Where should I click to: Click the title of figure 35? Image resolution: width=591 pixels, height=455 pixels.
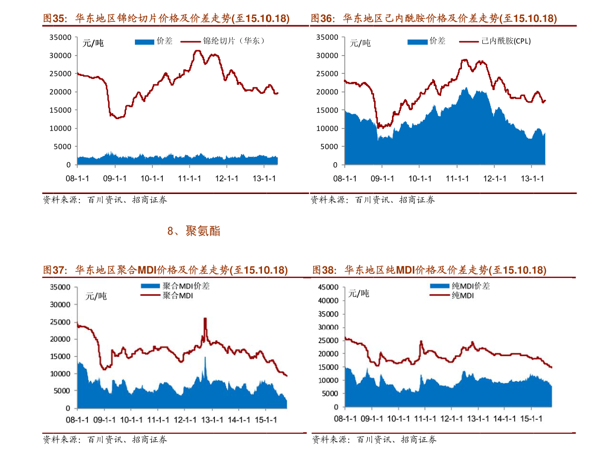tap(166, 19)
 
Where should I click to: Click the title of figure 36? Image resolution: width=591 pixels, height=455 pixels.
tap(434, 19)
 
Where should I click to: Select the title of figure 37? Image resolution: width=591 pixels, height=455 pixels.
tap(165, 270)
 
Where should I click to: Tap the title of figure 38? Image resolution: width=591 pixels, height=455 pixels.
tap(429, 270)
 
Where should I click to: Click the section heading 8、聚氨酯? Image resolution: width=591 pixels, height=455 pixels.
tap(194, 231)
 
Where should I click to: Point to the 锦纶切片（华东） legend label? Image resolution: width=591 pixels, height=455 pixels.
tap(234, 41)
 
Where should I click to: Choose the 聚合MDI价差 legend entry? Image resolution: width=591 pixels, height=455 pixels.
tap(186, 286)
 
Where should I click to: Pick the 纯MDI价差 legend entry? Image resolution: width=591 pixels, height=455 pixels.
tap(470, 286)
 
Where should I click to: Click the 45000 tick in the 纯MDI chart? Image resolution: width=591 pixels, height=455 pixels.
tap(329, 287)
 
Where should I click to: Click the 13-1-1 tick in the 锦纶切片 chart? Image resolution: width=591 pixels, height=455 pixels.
tap(264, 178)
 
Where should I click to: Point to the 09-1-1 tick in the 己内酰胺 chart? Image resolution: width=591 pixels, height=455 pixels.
tap(383, 178)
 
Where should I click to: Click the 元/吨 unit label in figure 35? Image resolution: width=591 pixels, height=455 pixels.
tap(93, 43)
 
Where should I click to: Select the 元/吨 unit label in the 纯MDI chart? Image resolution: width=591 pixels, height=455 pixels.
tap(359, 294)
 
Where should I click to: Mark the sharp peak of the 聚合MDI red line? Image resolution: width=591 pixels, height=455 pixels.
tap(205, 319)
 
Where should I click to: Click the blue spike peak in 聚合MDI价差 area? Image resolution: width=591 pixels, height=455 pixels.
tap(205, 358)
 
